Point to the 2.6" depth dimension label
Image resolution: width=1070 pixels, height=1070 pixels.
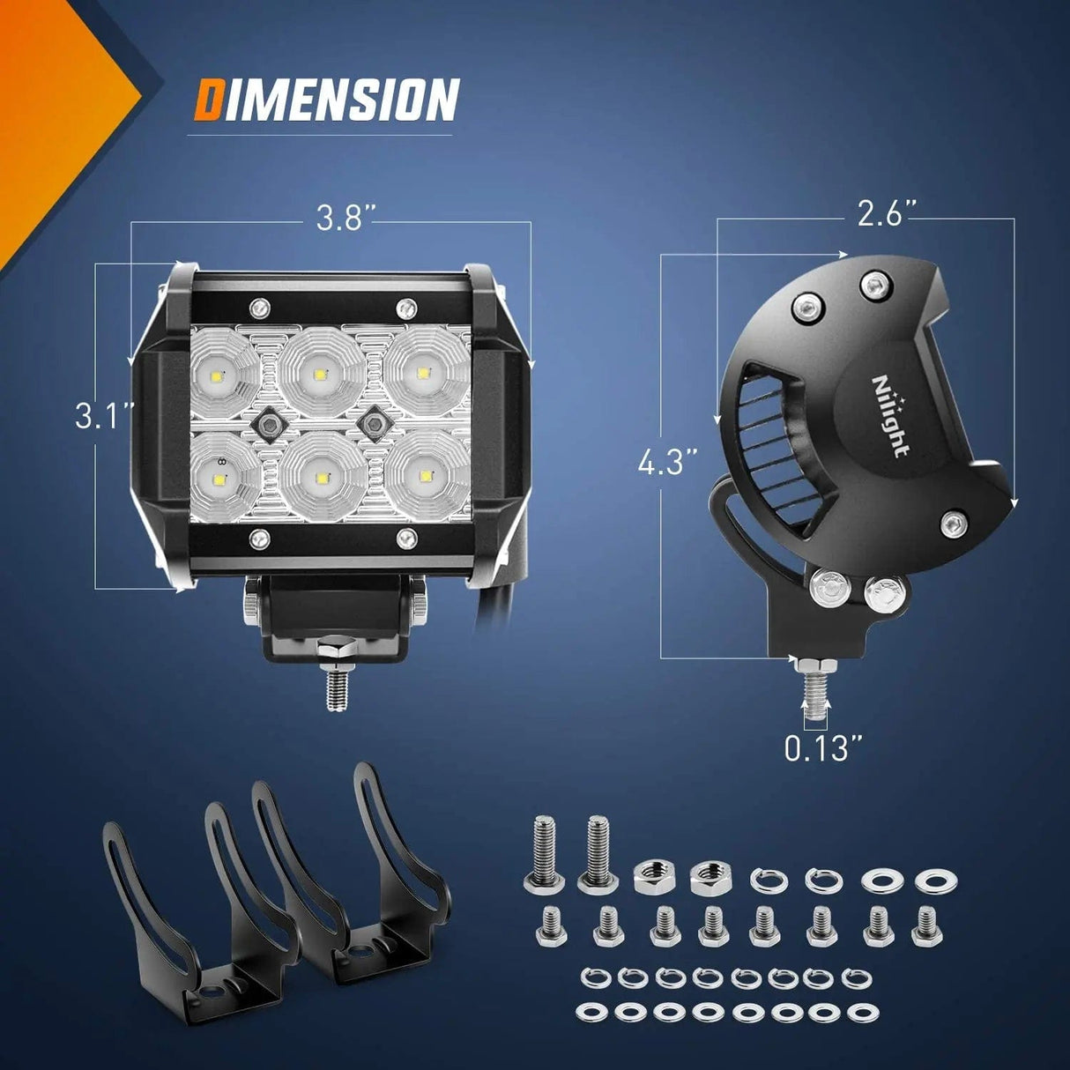click(x=888, y=214)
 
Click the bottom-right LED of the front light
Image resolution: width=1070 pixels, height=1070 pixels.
click(x=427, y=477)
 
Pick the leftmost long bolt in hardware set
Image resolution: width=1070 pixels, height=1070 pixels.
click(x=540, y=853)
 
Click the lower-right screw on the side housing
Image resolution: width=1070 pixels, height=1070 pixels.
click(x=952, y=524)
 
